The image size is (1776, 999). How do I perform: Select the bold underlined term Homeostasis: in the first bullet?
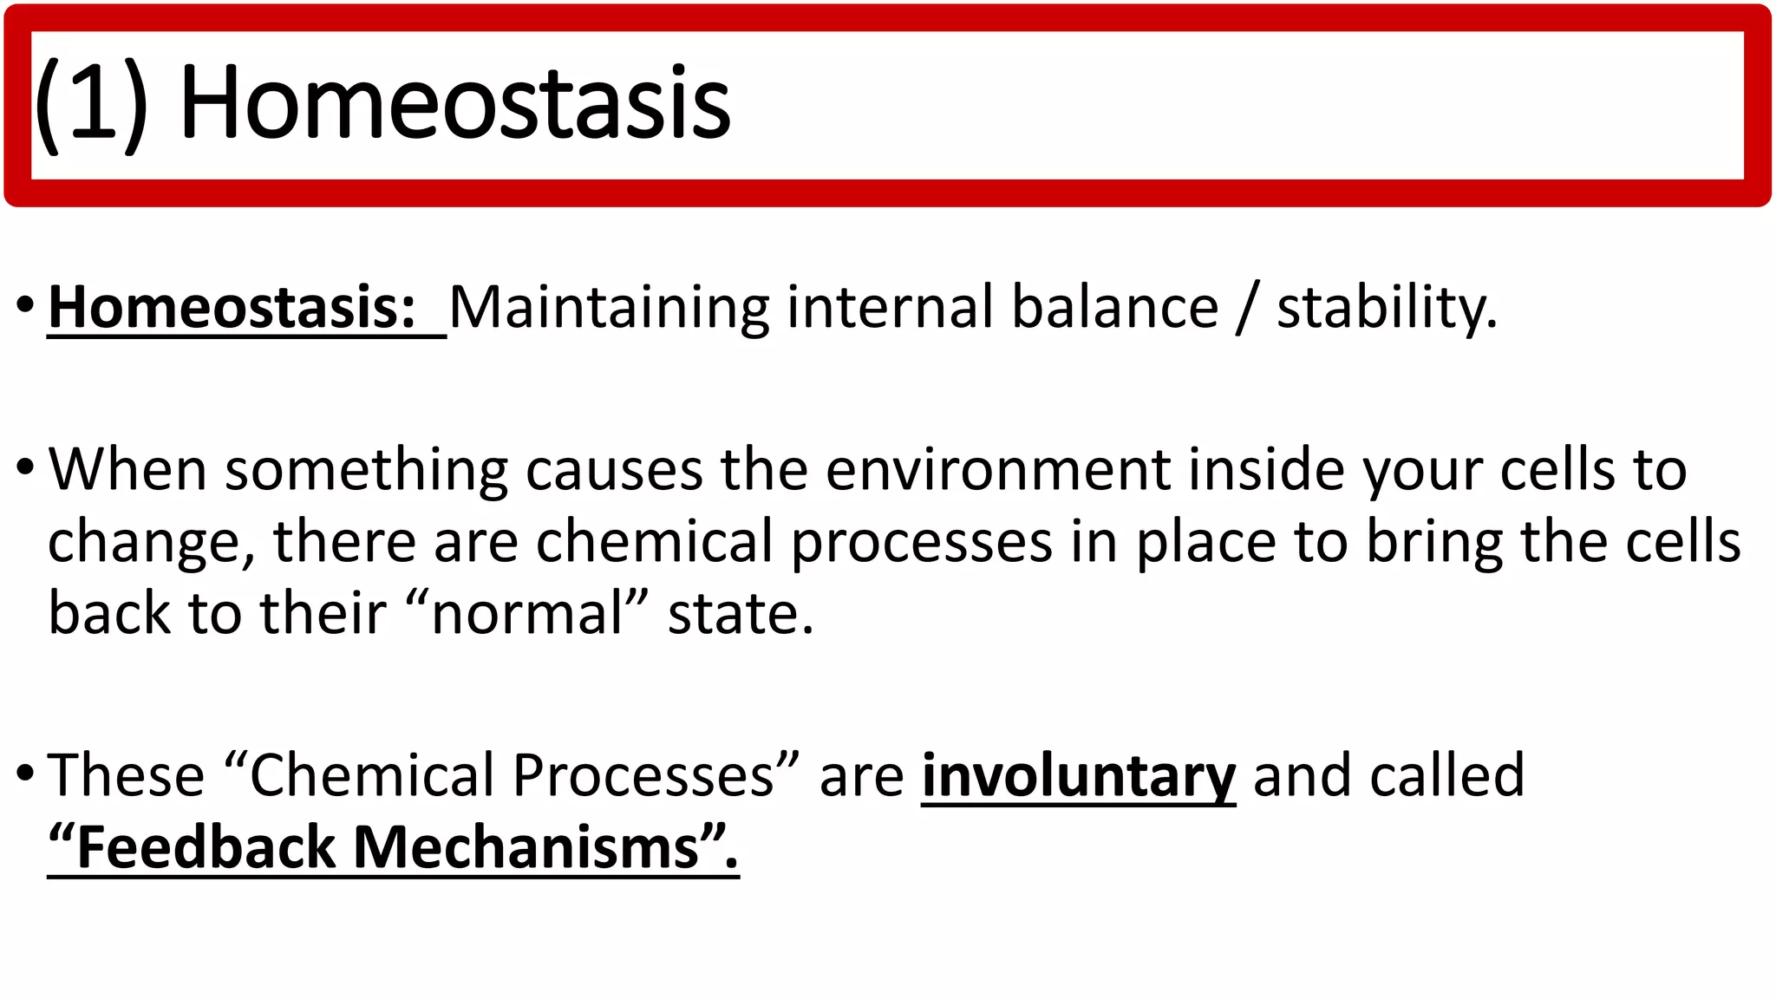tap(232, 308)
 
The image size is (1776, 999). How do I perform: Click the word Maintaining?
tap(609, 308)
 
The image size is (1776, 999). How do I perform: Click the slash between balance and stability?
tap(1247, 308)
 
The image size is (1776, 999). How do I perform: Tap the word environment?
tap(997, 470)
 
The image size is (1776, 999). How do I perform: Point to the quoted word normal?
tap(527, 613)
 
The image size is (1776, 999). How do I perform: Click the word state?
tap(740, 613)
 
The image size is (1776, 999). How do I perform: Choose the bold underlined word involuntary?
tap(1078, 776)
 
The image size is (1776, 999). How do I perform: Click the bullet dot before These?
tap(25, 771)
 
